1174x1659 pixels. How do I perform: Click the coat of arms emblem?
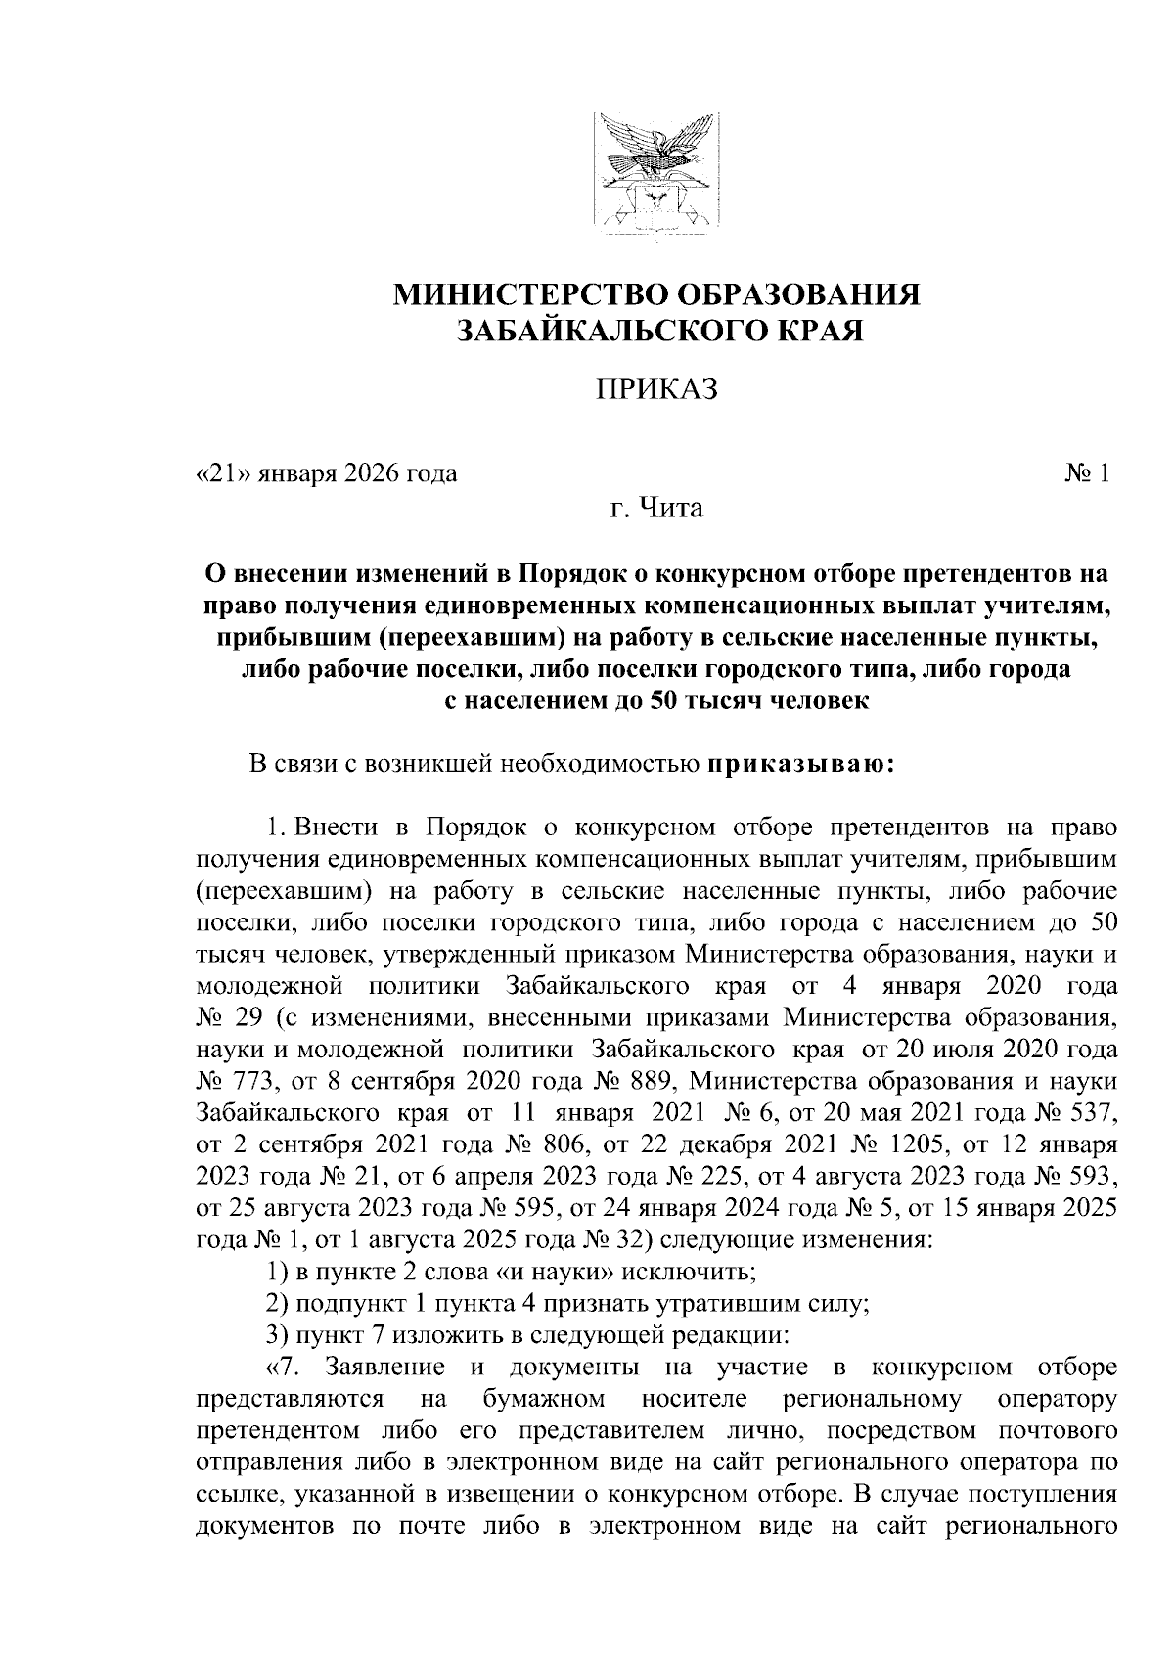[x=657, y=175]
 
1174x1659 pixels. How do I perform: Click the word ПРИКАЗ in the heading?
[x=657, y=388]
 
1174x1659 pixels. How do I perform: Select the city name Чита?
[x=671, y=509]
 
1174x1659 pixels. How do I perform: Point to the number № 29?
[x=228, y=1018]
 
